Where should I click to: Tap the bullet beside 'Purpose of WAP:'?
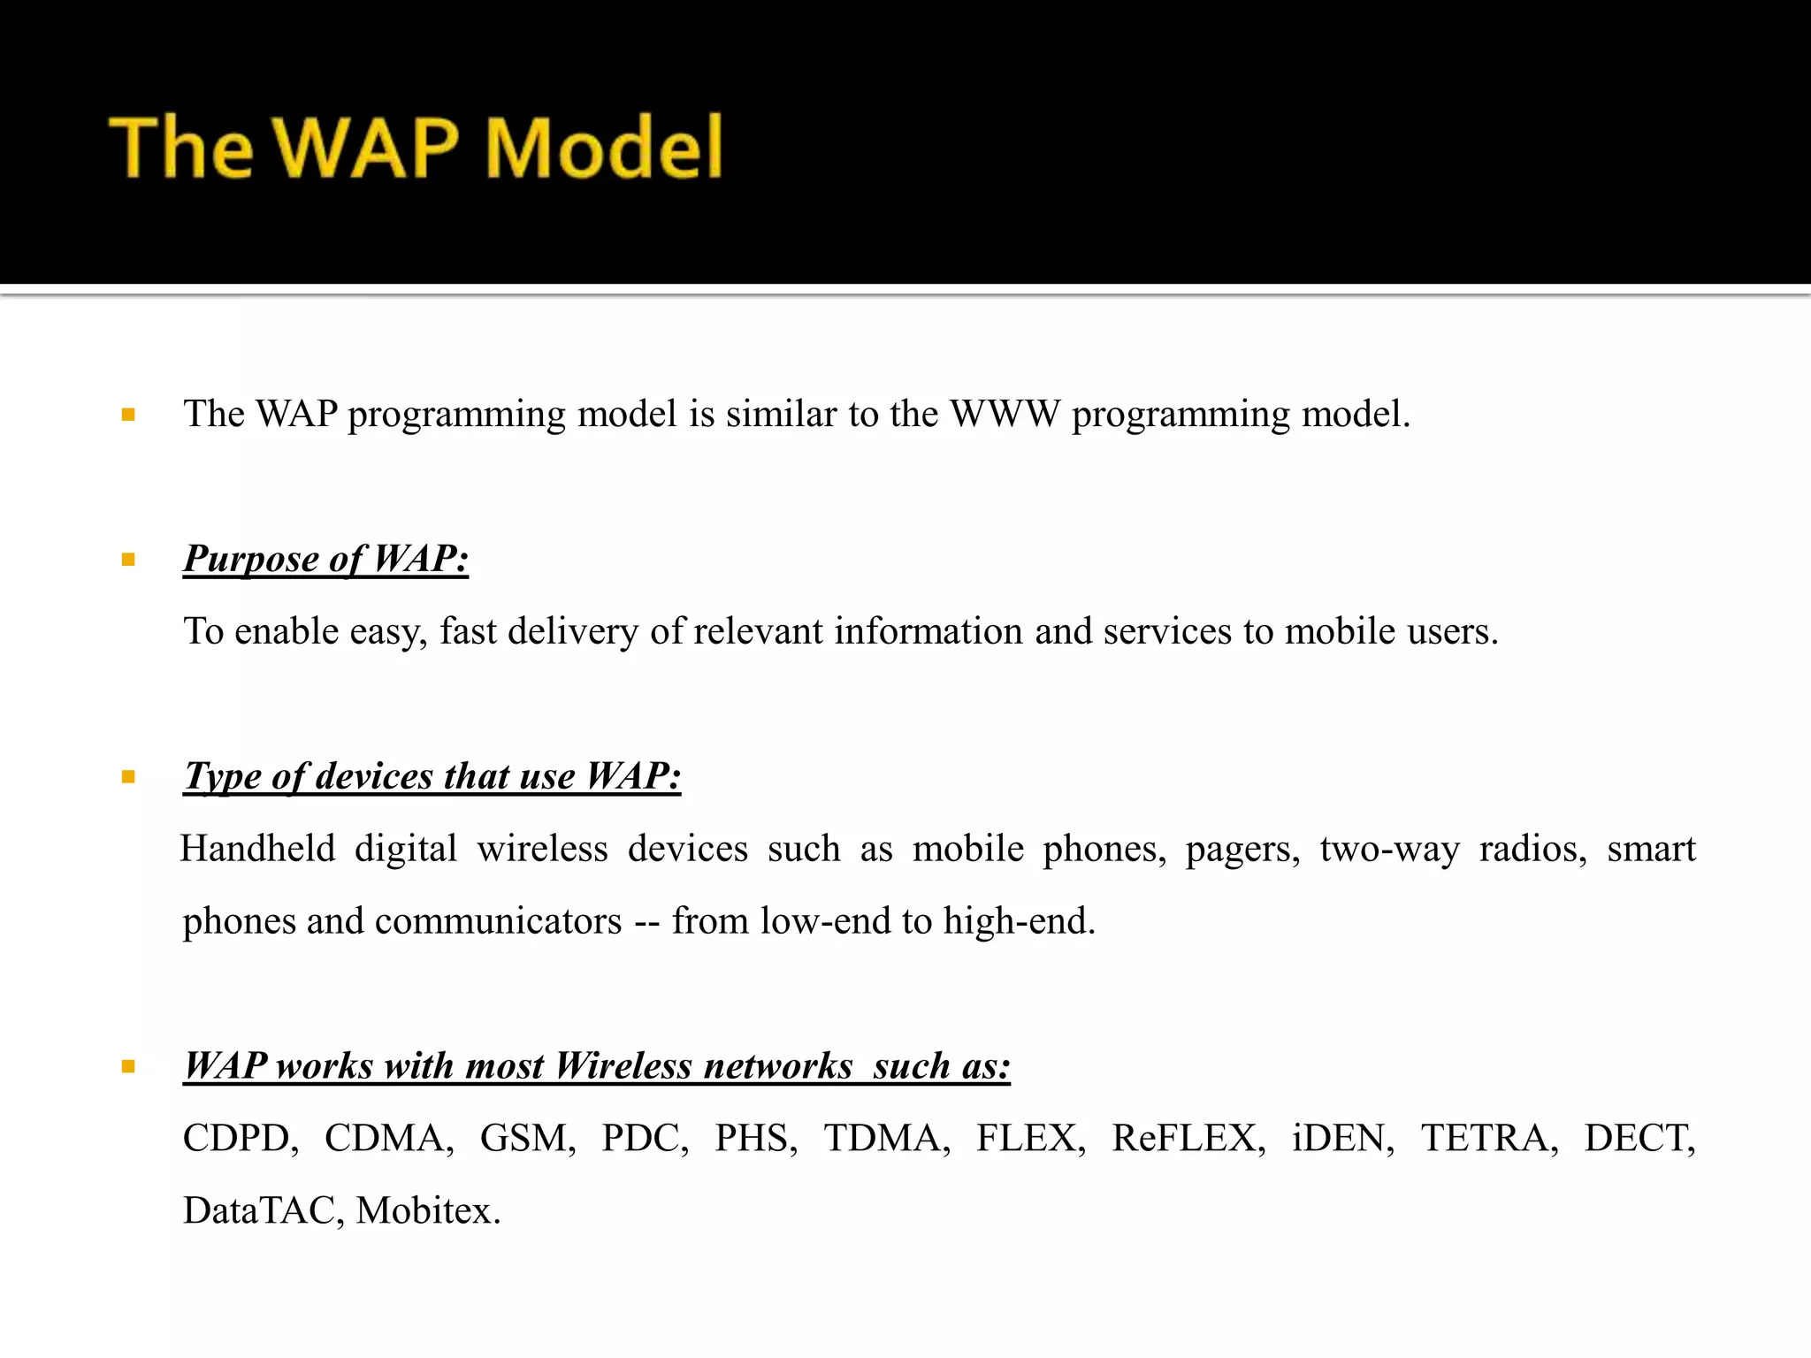(x=129, y=560)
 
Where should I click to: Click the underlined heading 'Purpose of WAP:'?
(x=325, y=560)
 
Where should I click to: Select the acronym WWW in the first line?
(x=1005, y=414)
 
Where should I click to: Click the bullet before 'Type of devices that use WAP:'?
(x=129, y=777)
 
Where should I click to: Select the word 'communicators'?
(x=499, y=921)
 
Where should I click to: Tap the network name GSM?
(x=527, y=1139)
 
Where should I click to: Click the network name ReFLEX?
(x=1188, y=1139)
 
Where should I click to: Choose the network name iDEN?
(x=1342, y=1139)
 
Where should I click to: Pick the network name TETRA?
(x=1489, y=1139)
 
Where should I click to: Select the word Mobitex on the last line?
(x=427, y=1211)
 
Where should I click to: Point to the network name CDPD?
(x=241, y=1139)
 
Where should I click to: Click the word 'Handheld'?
(x=258, y=850)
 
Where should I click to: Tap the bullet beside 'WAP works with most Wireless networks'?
(x=129, y=1067)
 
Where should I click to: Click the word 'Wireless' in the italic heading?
(x=623, y=1066)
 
